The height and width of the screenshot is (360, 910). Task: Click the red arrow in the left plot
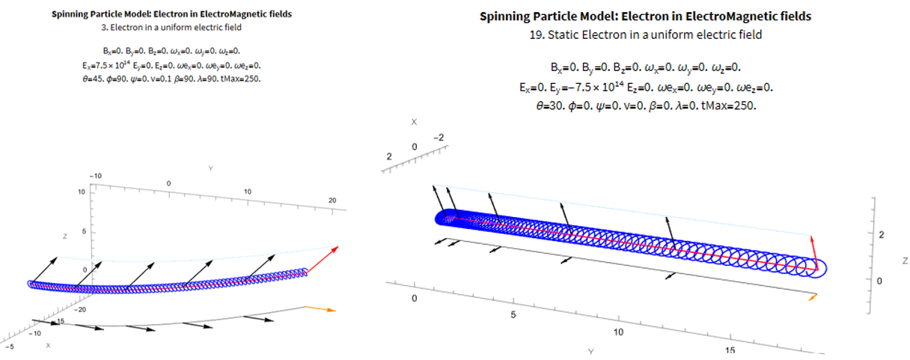click(x=323, y=260)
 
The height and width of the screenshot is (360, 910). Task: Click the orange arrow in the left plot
click(x=321, y=309)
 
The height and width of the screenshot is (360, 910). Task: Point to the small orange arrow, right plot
click(x=813, y=297)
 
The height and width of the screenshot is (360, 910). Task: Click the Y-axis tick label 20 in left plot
click(x=332, y=201)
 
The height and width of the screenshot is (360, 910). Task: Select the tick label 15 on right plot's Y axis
click(x=730, y=350)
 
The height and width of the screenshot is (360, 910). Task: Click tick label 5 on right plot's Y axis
click(x=513, y=315)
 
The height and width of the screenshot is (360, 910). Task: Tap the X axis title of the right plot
click(x=414, y=122)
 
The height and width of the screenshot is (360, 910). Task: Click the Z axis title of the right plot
click(x=905, y=261)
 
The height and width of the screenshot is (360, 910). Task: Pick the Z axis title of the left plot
click(x=65, y=236)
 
